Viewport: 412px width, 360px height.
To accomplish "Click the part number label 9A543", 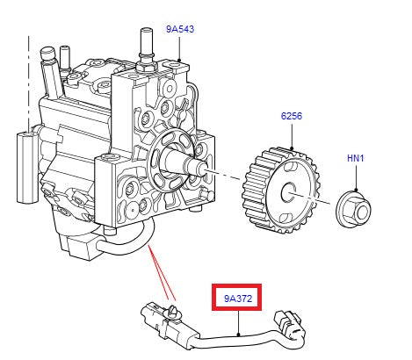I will tap(180, 30).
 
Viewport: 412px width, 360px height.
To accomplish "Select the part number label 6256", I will tap(292, 116).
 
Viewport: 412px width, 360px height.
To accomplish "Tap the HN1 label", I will tap(355, 158).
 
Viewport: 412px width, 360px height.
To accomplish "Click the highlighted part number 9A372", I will tap(239, 299).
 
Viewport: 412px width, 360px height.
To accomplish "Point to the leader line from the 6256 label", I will tap(291, 135).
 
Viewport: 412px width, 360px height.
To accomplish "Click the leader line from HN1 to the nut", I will tap(355, 176).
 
